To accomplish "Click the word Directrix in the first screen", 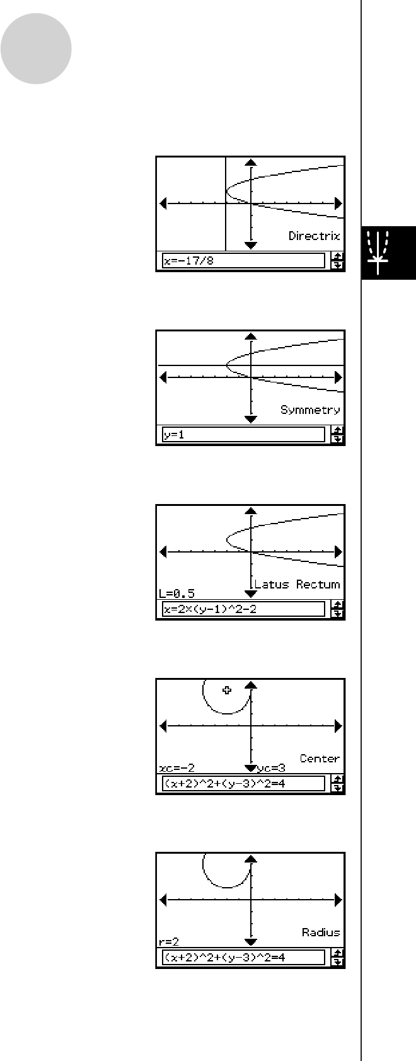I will pyautogui.click(x=314, y=236).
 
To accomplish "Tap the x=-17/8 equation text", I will pyautogui.click(x=189, y=260).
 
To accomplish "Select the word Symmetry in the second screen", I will pyautogui.click(x=310, y=410).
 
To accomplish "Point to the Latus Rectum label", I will pyautogui.click(x=297, y=585).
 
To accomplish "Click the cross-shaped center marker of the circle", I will pyautogui.click(x=227, y=690).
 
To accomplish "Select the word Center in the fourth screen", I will pyautogui.click(x=320, y=759).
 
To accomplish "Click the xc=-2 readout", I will pyautogui.click(x=176, y=768).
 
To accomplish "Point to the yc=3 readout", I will pyautogui.click(x=272, y=768).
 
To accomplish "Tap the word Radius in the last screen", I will pyautogui.click(x=321, y=932).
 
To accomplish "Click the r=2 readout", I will pyautogui.click(x=169, y=942).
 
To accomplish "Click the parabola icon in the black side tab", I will pyautogui.click(x=379, y=252).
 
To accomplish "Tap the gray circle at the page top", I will pyautogui.click(x=36, y=49).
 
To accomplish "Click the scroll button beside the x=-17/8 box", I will pyautogui.click(x=338, y=260).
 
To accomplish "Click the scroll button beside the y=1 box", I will pyautogui.click(x=338, y=435).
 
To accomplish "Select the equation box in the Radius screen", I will pyautogui.click(x=243, y=958).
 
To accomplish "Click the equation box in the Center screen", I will pyautogui.click(x=243, y=784).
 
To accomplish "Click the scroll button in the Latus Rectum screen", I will pyautogui.click(x=338, y=609).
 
